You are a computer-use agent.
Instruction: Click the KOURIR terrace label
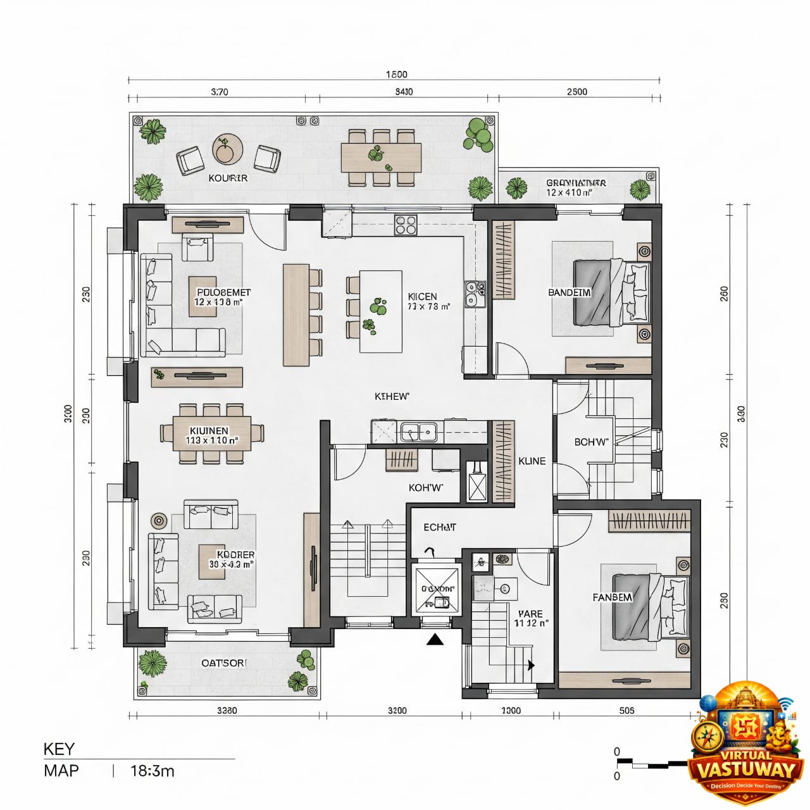coord(228,178)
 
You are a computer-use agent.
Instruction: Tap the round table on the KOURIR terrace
coord(227,150)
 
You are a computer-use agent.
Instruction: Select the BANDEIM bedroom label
coord(570,292)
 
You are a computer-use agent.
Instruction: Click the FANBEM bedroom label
coord(612,597)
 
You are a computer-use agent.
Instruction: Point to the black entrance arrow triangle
coord(435,640)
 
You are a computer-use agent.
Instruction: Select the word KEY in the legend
coord(59,749)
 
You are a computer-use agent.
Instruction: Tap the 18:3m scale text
coord(152,771)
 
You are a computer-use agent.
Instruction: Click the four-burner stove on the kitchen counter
coord(406,225)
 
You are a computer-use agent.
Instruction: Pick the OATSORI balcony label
coord(224,663)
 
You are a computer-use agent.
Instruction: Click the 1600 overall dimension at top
coord(396,75)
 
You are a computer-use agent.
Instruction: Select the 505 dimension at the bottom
coord(626,711)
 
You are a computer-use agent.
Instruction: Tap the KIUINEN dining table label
coord(209,431)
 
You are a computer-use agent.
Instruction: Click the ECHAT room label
coord(439,527)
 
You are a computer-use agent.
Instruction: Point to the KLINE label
coord(532,461)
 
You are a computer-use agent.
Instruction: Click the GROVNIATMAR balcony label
coord(576,183)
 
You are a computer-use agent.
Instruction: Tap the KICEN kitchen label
coord(422,297)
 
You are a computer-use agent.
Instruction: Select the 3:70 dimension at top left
coord(219,92)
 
